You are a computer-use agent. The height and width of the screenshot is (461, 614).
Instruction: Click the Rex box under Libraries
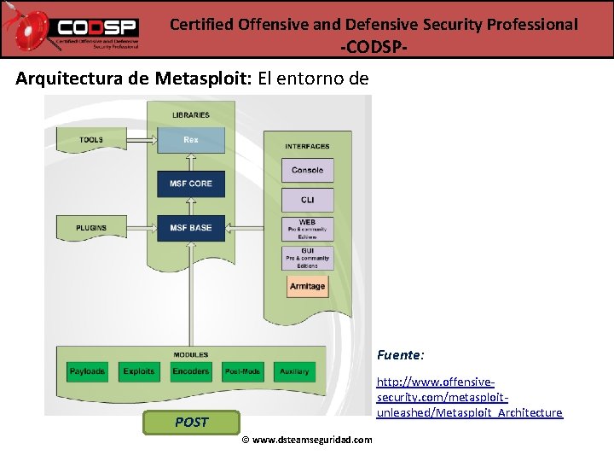(191, 140)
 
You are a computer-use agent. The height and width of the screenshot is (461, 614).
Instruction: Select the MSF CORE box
(191, 184)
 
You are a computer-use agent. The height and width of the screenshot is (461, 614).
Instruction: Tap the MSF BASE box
(191, 227)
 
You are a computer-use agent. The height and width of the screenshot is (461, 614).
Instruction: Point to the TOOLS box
(91, 139)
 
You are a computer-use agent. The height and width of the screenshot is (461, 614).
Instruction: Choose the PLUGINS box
(91, 227)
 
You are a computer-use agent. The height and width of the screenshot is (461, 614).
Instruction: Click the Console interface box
(307, 170)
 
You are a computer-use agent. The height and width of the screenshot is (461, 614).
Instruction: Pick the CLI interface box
(307, 200)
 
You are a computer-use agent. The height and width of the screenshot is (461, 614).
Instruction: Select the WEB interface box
(307, 228)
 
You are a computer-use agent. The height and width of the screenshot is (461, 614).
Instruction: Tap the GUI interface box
(307, 257)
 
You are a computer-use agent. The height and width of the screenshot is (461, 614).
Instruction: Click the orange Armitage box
(307, 286)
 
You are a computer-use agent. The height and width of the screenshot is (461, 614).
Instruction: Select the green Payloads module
(87, 371)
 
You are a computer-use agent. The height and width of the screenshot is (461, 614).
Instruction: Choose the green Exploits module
(139, 371)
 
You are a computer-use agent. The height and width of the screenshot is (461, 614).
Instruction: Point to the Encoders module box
(191, 371)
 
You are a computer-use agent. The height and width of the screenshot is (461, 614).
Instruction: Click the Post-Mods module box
(242, 371)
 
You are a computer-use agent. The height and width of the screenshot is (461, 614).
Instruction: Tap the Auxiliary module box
(293, 371)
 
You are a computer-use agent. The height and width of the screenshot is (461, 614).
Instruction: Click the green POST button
(191, 422)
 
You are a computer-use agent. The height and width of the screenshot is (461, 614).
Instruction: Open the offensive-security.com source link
(469, 398)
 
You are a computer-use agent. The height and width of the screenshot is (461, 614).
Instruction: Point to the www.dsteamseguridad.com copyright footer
(307, 440)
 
